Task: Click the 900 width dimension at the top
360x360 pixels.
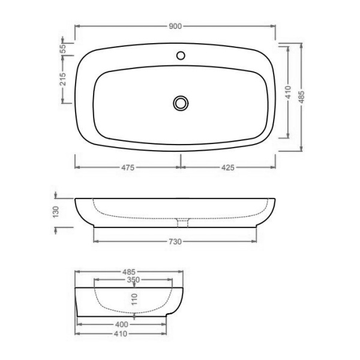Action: coord(175,26)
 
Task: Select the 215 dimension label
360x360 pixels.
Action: coord(62,82)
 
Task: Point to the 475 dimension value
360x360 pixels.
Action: coord(126,167)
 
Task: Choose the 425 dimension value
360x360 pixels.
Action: coord(228,167)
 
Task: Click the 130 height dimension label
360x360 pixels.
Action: coord(55,212)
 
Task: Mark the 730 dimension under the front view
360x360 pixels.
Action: coord(175,241)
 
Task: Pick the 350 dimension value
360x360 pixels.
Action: coord(133,280)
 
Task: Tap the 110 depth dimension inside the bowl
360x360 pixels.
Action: coord(134,298)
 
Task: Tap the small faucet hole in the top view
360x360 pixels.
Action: coord(181,56)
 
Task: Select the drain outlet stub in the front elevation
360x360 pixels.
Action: coord(183,223)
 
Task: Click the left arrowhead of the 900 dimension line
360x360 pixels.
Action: coord(76,26)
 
